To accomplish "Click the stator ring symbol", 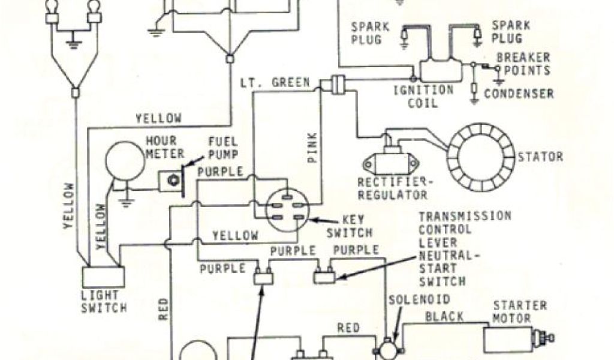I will coord(480,157).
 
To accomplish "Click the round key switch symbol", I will coord(288,211).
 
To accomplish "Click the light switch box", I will coord(103,277).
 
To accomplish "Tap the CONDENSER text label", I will coord(519,94).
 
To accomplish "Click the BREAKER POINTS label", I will coord(523,65).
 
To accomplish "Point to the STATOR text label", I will coord(541,157).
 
